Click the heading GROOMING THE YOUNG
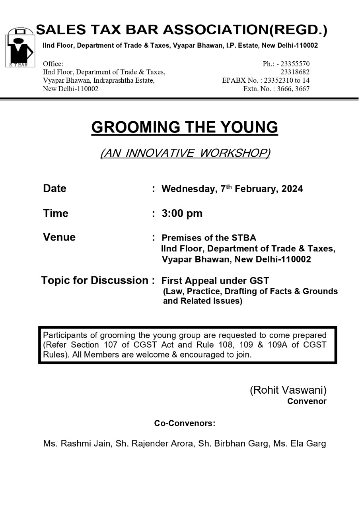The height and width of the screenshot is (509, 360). (x=185, y=127)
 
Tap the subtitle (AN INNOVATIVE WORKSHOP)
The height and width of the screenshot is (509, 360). (x=185, y=153)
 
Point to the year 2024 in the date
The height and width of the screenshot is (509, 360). (x=292, y=189)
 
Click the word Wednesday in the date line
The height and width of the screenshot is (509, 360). (x=189, y=189)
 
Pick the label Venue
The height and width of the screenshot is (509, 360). (x=59, y=237)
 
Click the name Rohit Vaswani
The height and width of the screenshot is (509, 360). (x=288, y=390)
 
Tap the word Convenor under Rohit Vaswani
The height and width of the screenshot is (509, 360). (x=307, y=401)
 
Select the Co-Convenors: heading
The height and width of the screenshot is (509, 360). (x=185, y=424)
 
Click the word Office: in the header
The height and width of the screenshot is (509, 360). (x=53, y=64)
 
